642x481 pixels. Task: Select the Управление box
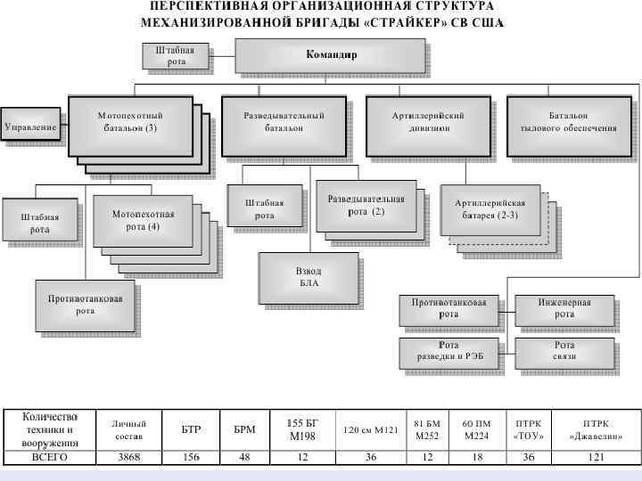click(x=31, y=127)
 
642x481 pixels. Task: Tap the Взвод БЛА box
click(x=308, y=277)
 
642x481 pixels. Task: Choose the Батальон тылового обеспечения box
click(x=568, y=122)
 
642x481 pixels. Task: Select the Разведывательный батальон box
click(x=284, y=122)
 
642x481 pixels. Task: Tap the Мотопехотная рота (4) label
click(x=143, y=220)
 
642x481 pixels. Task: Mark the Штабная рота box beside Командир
click(x=176, y=55)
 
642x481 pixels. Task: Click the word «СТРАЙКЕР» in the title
click(x=412, y=22)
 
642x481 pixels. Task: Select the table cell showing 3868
click(x=128, y=457)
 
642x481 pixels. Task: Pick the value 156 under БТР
click(x=191, y=457)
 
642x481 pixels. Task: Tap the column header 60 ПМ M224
click(x=475, y=430)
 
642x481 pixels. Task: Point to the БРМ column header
click(x=244, y=430)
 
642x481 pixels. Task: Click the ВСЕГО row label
click(x=50, y=457)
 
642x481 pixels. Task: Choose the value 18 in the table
click(x=475, y=457)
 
